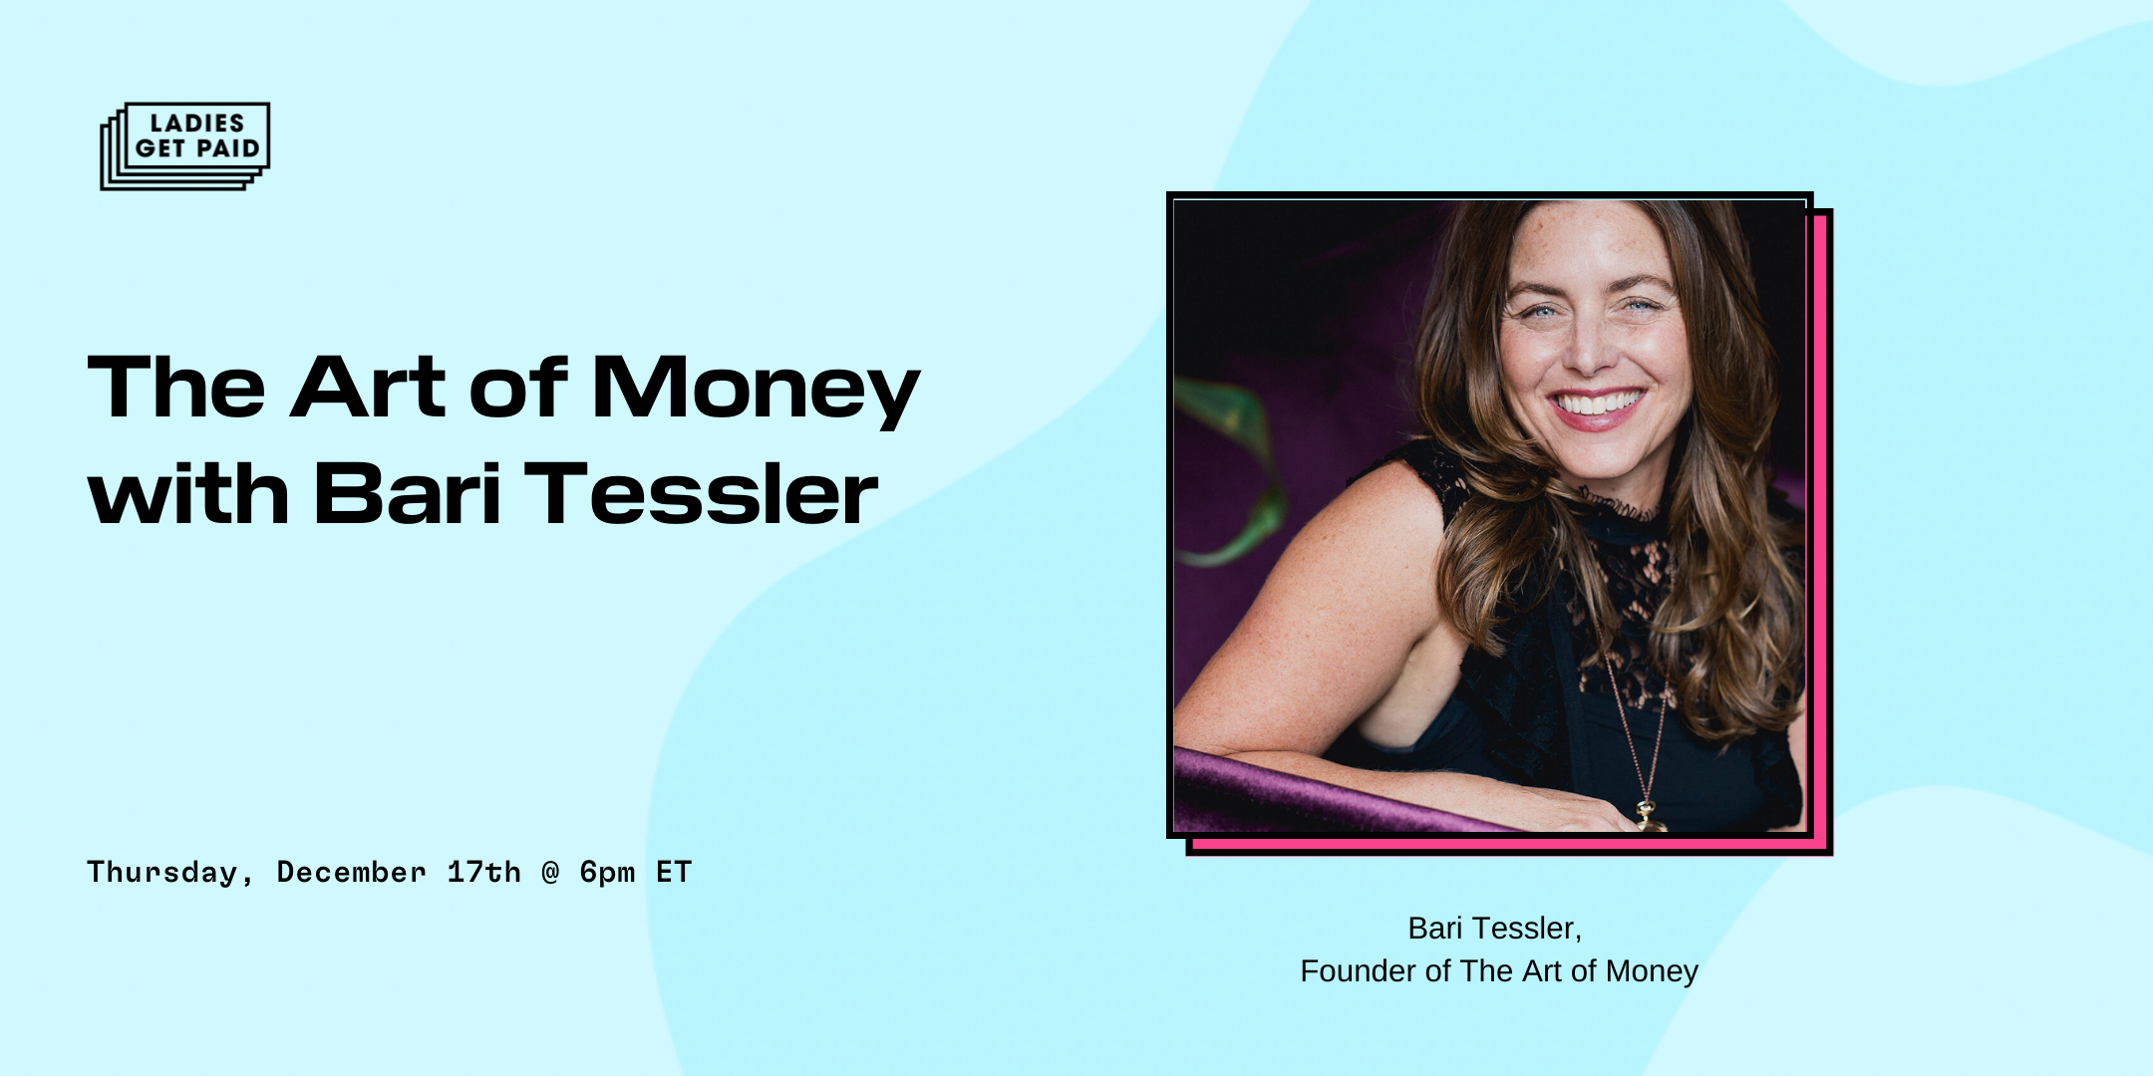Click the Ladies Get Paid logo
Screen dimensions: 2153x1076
(x=185, y=145)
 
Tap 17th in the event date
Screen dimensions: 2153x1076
(x=483, y=872)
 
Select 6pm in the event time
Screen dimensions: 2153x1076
(x=607, y=874)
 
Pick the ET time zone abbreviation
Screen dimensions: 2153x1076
(x=674, y=872)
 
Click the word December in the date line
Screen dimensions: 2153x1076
(x=351, y=872)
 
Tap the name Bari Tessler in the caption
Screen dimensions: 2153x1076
(x=1494, y=929)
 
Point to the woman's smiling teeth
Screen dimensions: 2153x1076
(x=1598, y=403)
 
